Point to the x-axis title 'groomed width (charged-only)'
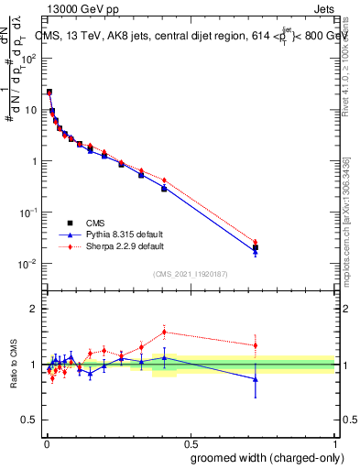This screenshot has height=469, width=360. [x=262, y=456]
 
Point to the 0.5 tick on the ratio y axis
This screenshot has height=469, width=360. [x=27, y=421]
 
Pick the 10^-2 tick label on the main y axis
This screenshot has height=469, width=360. [x=27, y=264]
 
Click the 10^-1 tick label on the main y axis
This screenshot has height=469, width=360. [x=27, y=213]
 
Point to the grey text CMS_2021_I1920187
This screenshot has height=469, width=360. [x=190, y=273]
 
